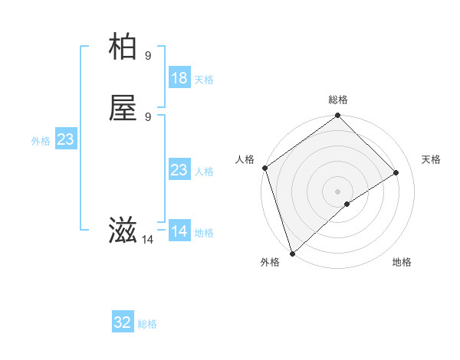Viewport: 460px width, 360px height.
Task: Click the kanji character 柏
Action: click(123, 47)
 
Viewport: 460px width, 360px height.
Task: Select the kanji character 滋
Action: click(123, 231)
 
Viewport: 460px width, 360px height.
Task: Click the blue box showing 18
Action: click(179, 78)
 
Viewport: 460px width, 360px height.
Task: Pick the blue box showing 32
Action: click(123, 322)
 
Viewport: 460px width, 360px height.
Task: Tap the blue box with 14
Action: click(179, 231)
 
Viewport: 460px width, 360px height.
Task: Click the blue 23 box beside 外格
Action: click(65, 139)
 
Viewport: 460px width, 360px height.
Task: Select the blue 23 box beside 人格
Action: click(179, 170)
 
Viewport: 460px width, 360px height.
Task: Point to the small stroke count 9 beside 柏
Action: click(148, 55)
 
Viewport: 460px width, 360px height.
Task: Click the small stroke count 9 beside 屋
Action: click(148, 116)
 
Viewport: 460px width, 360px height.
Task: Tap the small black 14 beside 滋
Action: click(147, 240)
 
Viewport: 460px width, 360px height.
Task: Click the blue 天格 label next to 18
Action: click(204, 80)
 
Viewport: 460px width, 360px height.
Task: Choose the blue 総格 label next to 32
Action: click(147, 324)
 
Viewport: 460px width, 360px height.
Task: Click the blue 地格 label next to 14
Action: click(204, 233)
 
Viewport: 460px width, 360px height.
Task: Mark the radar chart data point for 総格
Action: click(337, 116)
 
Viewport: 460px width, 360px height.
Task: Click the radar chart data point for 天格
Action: click(396, 172)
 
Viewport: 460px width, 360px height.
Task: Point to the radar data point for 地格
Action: click(347, 204)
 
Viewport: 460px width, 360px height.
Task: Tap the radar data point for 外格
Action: click(292, 252)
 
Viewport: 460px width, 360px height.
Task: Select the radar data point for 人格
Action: click(264, 168)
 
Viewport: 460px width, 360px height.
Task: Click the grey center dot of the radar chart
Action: click(337, 191)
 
